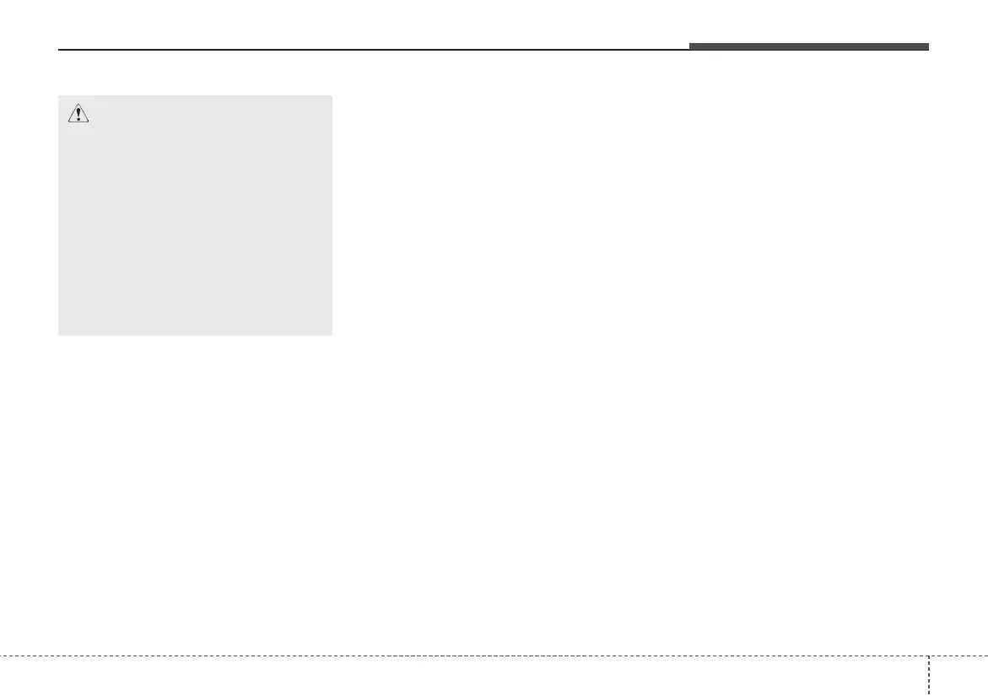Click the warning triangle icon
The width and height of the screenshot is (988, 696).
(x=78, y=114)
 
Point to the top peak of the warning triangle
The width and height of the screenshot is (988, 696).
(x=78, y=105)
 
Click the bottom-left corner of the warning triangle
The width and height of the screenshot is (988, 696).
(x=67, y=123)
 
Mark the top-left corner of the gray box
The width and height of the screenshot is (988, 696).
(x=58, y=95)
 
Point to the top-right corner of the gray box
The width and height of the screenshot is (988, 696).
(x=332, y=95)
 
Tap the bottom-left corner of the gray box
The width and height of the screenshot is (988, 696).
(x=58, y=335)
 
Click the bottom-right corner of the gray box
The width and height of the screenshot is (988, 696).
(x=332, y=335)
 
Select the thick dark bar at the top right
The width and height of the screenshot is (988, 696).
(x=808, y=46)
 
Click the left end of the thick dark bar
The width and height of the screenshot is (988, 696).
(x=689, y=46)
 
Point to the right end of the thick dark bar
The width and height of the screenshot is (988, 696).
(x=928, y=46)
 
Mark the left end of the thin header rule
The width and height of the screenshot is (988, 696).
(x=58, y=50)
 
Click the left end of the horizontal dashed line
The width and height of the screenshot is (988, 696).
(x=1, y=656)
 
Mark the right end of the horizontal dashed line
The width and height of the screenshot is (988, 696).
(x=986, y=656)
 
